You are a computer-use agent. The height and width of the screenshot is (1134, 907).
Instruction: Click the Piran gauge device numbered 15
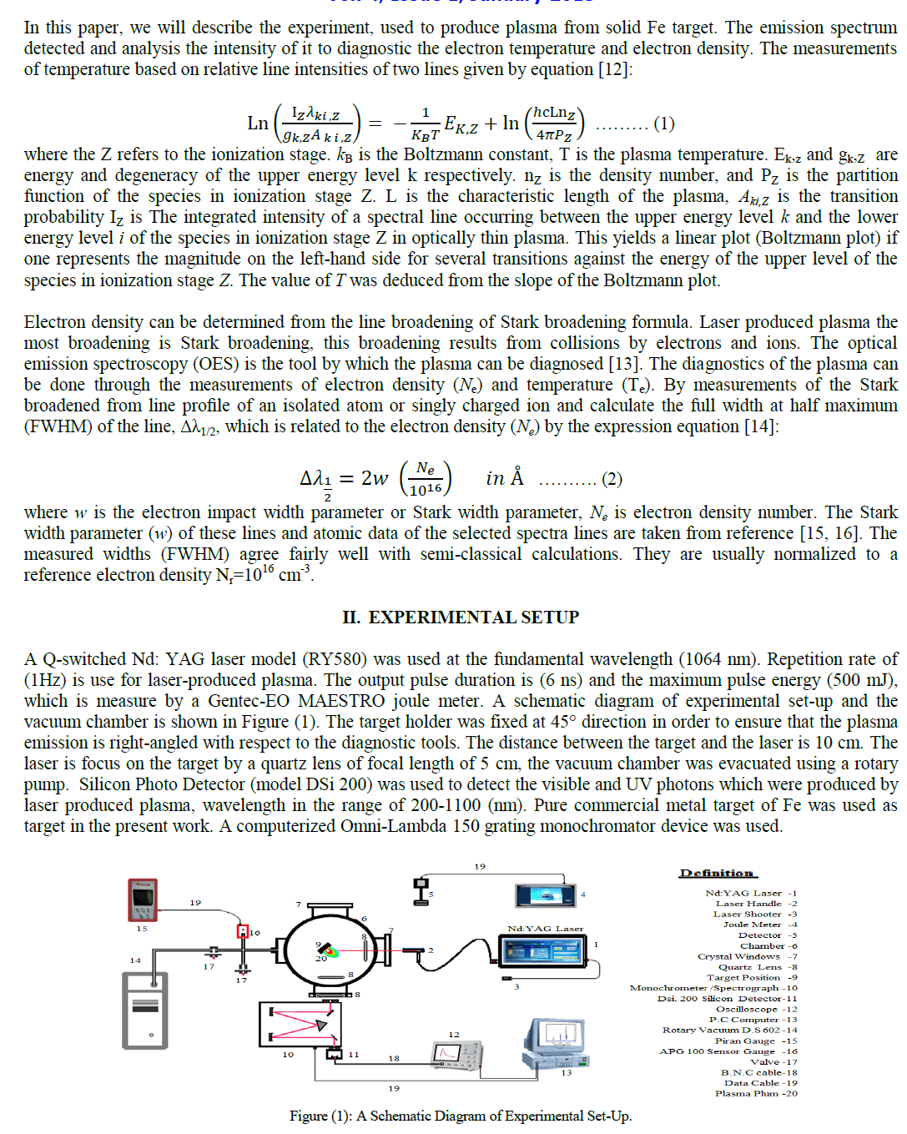(x=143, y=899)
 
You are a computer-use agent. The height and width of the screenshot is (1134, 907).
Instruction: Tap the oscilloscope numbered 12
(x=457, y=1055)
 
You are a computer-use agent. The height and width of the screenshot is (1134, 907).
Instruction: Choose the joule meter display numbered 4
(x=546, y=895)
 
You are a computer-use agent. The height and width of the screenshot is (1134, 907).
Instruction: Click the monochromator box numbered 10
(x=300, y=1024)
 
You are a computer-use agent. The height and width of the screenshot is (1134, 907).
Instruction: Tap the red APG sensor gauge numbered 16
(x=243, y=931)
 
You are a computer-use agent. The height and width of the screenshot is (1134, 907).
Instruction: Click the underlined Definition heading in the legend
(x=717, y=873)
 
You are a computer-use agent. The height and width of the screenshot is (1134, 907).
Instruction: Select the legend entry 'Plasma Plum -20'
(x=756, y=1093)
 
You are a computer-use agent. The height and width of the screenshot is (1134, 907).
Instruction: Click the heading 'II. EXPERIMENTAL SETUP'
(x=461, y=617)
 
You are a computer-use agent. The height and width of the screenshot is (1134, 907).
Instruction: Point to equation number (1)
(x=663, y=124)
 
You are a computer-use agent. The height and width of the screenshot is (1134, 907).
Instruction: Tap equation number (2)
(x=612, y=479)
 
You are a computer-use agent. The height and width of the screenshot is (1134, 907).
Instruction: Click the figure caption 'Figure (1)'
(x=460, y=1116)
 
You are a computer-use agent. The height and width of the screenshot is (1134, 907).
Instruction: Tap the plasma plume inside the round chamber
(x=328, y=950)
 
